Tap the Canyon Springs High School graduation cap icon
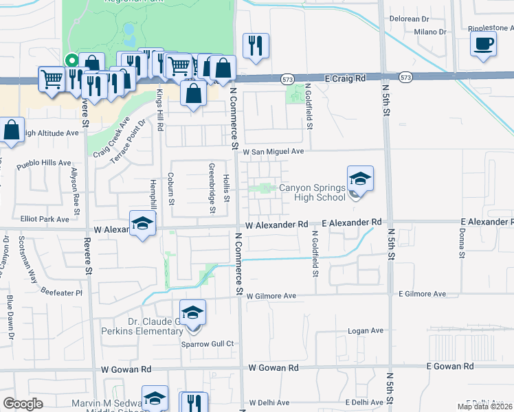coord(360,180)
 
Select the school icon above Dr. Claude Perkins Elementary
coord(193,313)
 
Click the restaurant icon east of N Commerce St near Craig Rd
coord(256,46)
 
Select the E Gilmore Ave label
coord(422,294)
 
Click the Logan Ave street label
coord(366,330)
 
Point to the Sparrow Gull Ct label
coord(208,343)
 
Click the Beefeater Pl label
coord(60,293)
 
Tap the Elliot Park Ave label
coord(45,219)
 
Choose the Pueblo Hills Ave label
coord(44,164)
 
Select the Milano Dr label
coord(430,32)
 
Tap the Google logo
coord(23,404)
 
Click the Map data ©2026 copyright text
coord(484,407)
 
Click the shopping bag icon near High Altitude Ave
coord(12,130)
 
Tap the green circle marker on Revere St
coord(71,60)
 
